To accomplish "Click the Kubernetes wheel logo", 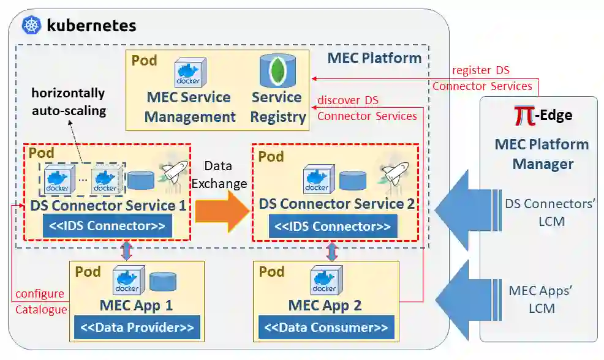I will click(31, 26).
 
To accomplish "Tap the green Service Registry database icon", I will click(277, 70).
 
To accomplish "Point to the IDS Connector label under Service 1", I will click(107, 227).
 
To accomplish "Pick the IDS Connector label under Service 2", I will click(332, 227).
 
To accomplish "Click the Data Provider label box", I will click(137, 328).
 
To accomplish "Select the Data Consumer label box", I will click(325, 328).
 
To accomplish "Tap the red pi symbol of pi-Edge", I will click(525, 116).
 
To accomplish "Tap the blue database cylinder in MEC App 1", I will click(162, 282).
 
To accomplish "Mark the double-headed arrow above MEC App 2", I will click(332, 250).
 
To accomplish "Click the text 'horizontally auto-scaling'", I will click(68, 102).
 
